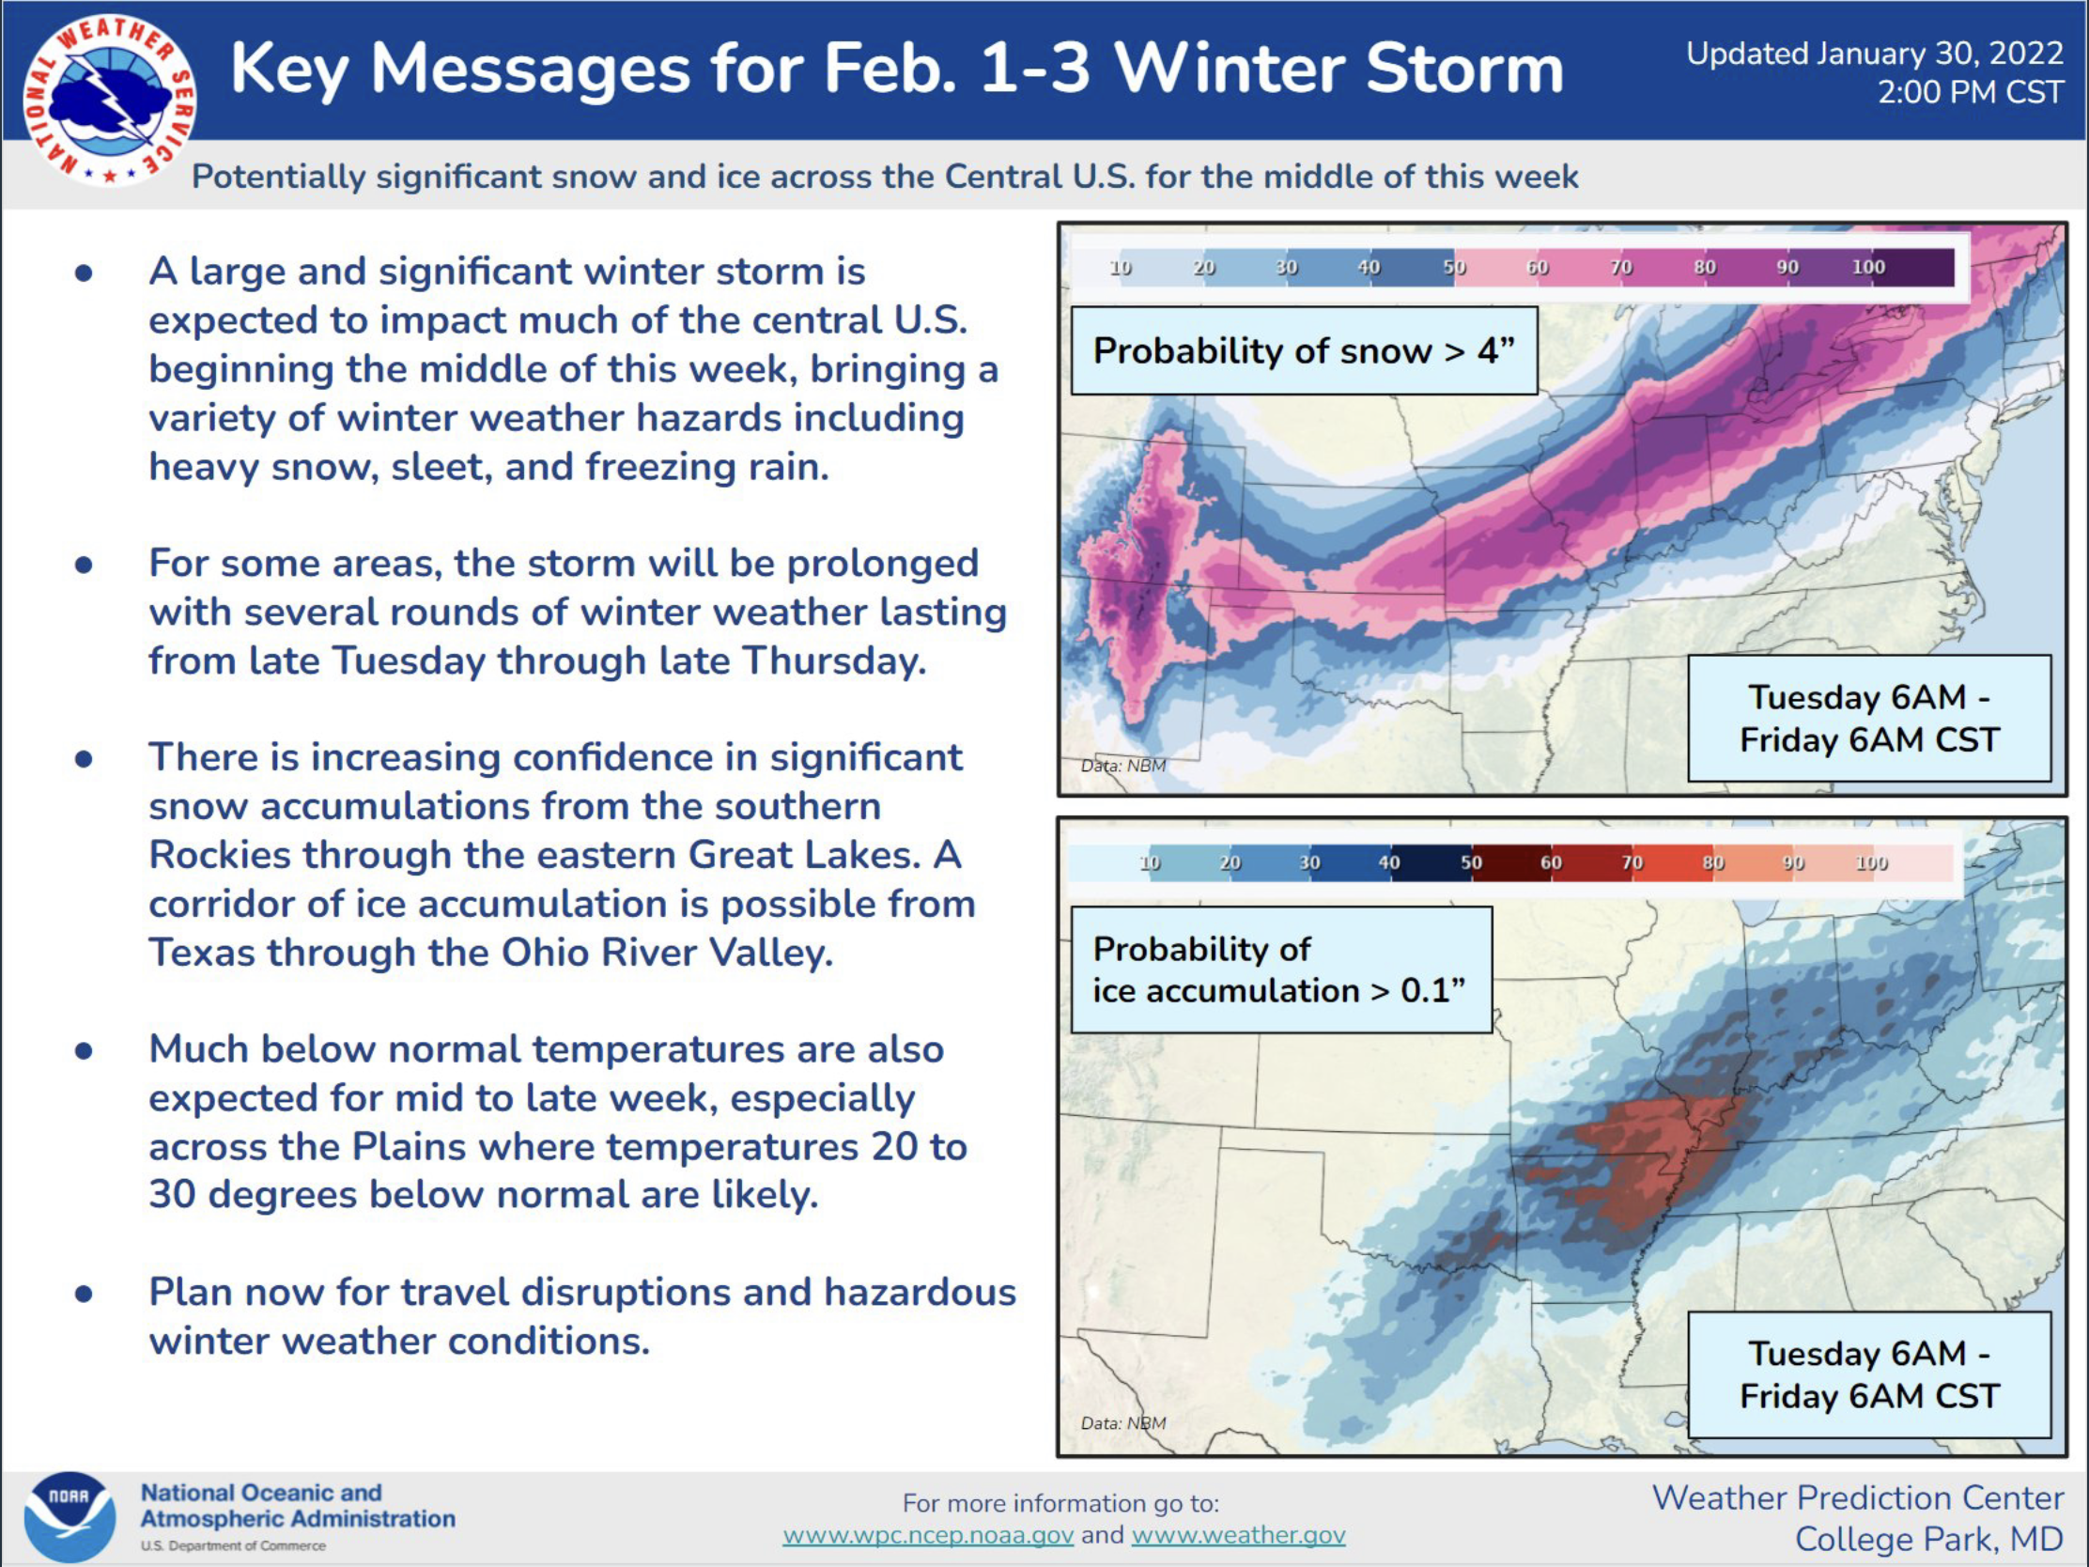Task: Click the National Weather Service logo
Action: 111,100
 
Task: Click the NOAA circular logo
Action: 70,1516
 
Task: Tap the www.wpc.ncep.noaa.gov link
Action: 928,1535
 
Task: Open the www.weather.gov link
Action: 1238,1535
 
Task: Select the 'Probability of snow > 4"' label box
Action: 1304,350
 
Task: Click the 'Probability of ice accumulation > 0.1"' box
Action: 1281,970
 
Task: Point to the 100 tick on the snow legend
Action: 1868,268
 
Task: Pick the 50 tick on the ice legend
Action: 1471,862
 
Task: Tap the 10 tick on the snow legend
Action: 1120,268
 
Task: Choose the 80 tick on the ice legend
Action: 1713,862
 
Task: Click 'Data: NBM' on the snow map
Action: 1122,765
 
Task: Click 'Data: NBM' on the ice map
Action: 1122,1422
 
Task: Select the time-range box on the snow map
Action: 1870,718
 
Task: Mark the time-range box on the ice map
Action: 1870,1374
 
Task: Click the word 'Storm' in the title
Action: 1464,68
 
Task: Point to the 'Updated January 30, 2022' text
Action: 1875,54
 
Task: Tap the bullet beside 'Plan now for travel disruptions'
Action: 84,1293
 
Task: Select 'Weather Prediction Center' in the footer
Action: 1858,1497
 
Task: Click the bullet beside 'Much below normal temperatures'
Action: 84,1050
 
